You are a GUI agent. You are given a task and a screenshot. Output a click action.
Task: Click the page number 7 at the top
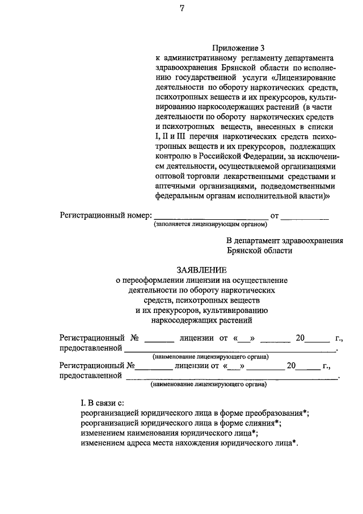[181, 7]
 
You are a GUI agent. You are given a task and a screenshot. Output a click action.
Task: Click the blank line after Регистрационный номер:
[211, 216]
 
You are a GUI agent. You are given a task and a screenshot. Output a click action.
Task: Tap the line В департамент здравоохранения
[285, 240]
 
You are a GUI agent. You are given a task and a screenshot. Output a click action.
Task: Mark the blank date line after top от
[305, 216]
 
